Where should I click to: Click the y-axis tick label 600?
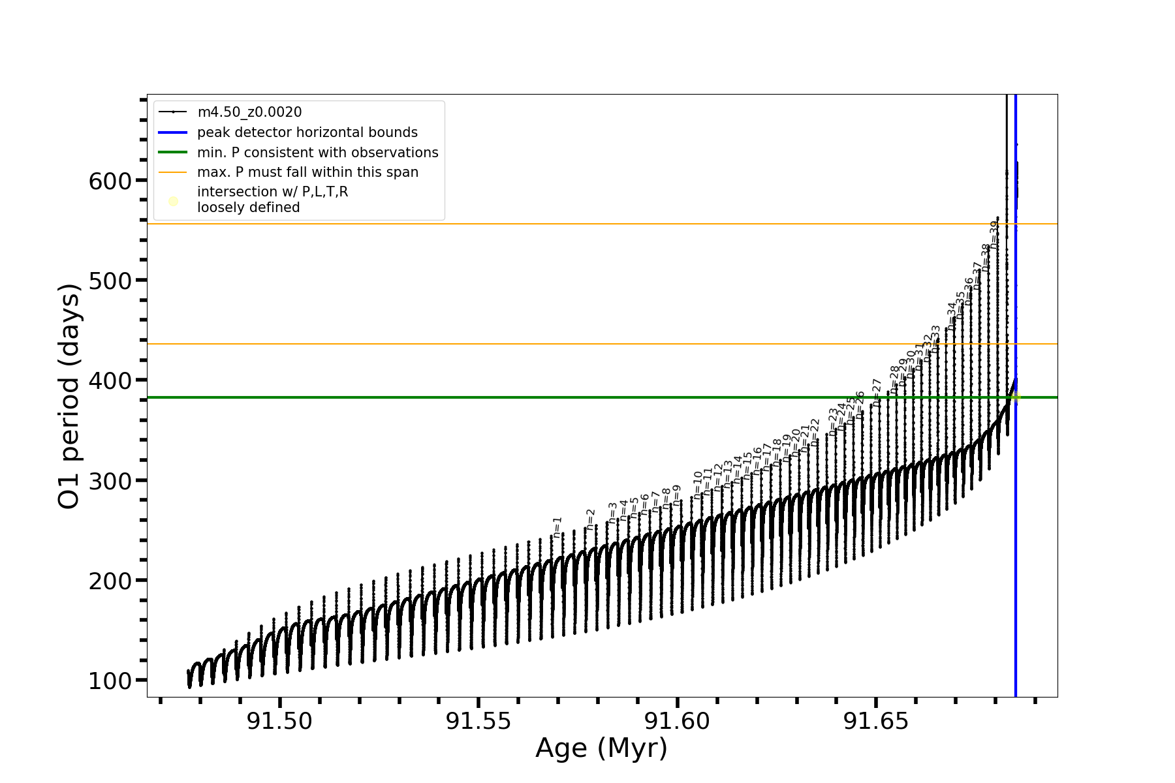pyautogui.click(x=110, y=181)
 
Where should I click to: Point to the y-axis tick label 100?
pyautogui.click(x=110, y=681)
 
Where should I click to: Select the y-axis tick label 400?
pyautogui.click(x=110, y=380)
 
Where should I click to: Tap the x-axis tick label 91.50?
pyautogui.click(x=279, y=722)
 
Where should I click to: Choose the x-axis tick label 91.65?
pyautogui.click(x=876, y=722)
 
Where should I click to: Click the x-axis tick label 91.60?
pyautogui.click(x=677, y=722)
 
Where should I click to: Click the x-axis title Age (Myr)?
pyautogui.click(x=601, y=748)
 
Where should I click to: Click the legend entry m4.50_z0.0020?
pyautogui.click(x=249, y=112)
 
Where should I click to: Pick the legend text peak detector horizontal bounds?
pyautogui.click(x=307, y=132)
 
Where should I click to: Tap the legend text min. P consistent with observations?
pyautogui.click(x=318, y=153)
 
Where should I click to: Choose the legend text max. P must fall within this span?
pyautogui.click(x=307, y=172)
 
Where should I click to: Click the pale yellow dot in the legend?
pyautogui.click(x=173, y=201)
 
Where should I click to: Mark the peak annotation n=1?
pyautogui.click(x=557, y=527)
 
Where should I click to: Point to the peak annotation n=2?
pyautogui.click(x=591, y=519)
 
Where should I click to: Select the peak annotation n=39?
pyautogui.click(x=994, y=232)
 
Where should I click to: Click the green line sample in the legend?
pyautogui.click(x=173, y=153)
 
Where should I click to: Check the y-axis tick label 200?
pyautogui.click(x=110, y=581)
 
